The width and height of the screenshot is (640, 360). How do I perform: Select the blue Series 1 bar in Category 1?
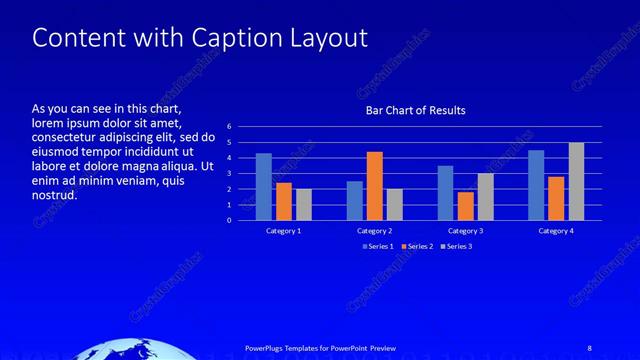(264, 187)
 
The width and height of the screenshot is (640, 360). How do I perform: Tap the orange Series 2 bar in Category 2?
(375, 186)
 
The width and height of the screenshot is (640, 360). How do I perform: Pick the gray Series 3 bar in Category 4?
(576, 181)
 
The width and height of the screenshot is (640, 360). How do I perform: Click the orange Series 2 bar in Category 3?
(465, 206)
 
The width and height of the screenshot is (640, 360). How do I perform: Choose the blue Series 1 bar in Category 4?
(536, 185)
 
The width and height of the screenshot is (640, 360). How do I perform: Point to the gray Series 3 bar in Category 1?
(304, 204)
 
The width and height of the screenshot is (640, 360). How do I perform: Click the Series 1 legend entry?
(379, 245)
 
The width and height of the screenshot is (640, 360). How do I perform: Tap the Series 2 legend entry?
(417, 245)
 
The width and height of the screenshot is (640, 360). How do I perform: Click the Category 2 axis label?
(375, 231)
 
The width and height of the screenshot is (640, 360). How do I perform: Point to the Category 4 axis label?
(556, 231)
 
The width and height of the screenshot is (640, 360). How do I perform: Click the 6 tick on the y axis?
(229, 127)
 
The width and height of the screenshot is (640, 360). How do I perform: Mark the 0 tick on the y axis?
(229, 221)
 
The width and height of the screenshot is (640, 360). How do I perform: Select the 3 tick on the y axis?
(229, 174)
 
